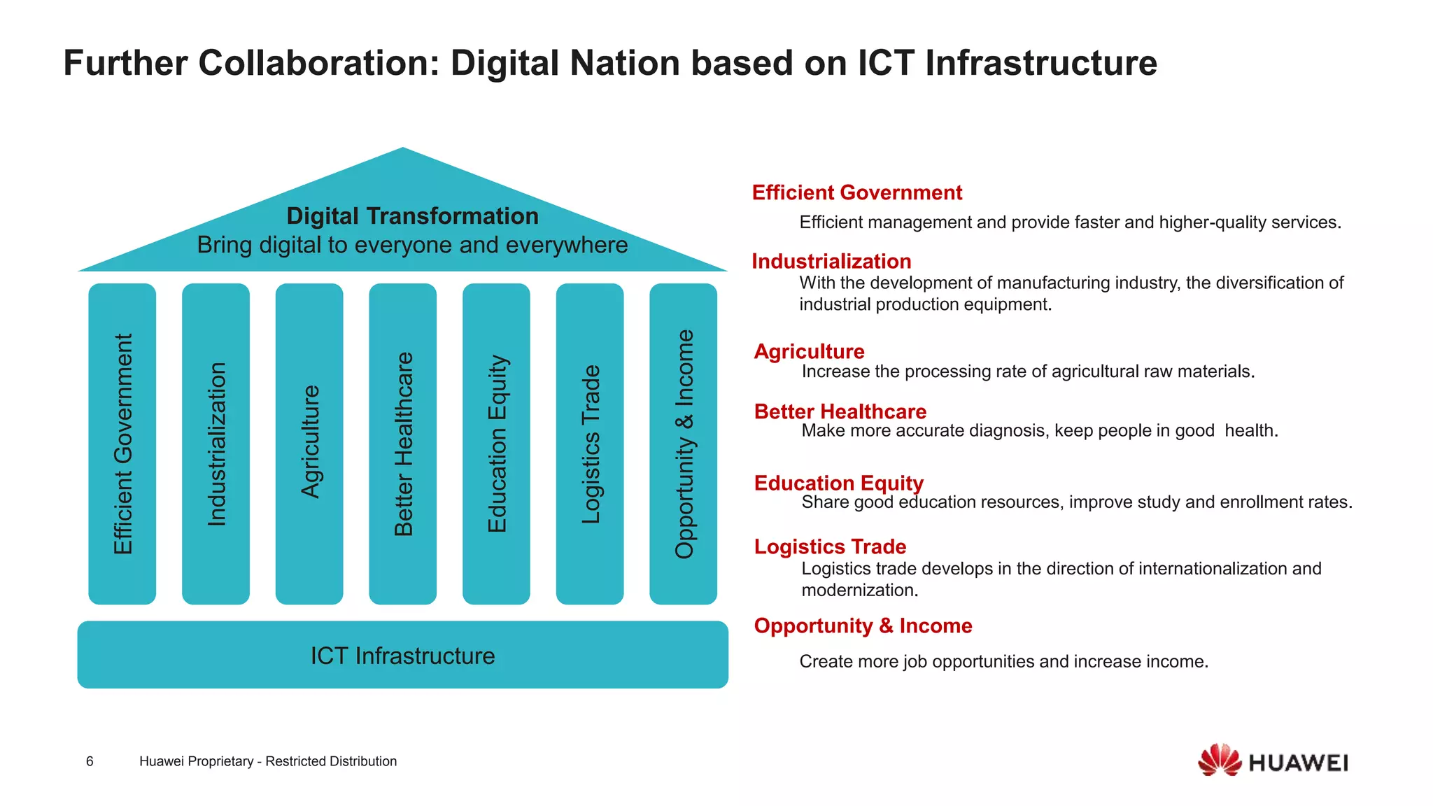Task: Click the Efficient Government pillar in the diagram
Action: (x=122, y=444)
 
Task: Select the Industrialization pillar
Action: (x=216, y=444)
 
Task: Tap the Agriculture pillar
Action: (x=309, y=444)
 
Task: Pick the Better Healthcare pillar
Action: (x=403, y=444)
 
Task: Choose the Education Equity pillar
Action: (x=496, y=444)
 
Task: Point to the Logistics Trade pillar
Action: (x=590, y=444)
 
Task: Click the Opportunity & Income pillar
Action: (x=684, y=444)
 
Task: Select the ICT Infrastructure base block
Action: (x=402, y=655)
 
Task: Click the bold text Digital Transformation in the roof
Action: (x=412, y=216)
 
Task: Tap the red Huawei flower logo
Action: (x=1219, y=760)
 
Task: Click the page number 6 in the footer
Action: (x=90, y=761)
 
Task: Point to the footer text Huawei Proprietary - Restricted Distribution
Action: (x=268, y=761)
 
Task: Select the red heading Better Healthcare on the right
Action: (x=840, y=411)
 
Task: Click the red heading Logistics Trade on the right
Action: (x=830, y=546)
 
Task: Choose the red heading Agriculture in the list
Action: (x=809, y=351)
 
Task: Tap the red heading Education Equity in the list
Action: (x=838, y=483)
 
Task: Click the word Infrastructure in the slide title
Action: (x=1041, y=63)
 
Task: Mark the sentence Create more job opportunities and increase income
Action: (x=1003, y=661)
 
